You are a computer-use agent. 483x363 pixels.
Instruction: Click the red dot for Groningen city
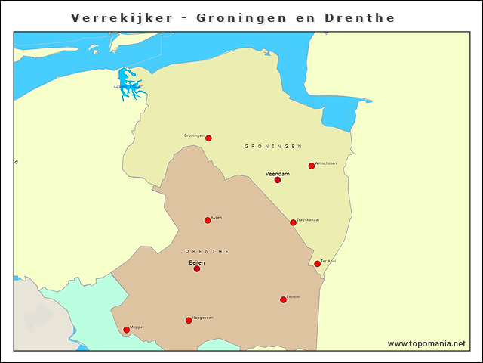click(208, 138)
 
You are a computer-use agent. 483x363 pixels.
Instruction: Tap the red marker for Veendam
click(277, 180)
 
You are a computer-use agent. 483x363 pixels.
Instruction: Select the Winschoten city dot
click(311, 166)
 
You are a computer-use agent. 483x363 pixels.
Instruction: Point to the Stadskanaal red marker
click(293, 222)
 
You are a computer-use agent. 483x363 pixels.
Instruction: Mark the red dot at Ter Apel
click(317, 264)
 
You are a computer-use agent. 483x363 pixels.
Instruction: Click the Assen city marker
click(208, 220)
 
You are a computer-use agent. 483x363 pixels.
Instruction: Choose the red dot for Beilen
click(196, 268)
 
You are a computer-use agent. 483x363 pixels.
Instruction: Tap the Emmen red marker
click(283, 299)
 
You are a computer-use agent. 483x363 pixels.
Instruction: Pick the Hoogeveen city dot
click(189, 320)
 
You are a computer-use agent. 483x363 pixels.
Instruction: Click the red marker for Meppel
click(126, 330)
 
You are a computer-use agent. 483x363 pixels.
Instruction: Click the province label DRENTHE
click(207, 251)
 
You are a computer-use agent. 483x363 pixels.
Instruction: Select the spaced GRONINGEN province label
click(273, 146)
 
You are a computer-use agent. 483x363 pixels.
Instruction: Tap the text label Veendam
click(278, 173)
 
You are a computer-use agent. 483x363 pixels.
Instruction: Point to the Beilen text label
click(196, 262)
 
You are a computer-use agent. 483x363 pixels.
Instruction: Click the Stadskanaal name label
click(308, 219)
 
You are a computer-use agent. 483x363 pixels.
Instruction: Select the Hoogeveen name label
click(203, 318)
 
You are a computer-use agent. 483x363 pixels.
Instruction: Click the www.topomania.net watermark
click(426, 343)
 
